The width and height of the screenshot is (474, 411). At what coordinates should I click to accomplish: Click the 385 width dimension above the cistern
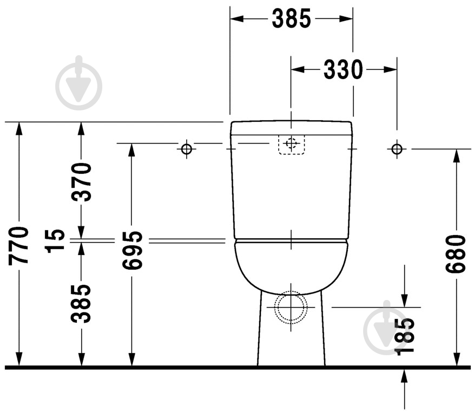click(291, 19)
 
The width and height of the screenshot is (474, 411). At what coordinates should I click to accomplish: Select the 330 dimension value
click(343, 69)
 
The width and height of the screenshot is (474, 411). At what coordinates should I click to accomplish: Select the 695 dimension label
click(131, 250)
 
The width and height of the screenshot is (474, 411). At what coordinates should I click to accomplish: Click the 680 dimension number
click(456, 254)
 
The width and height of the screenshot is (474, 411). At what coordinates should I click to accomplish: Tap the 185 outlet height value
click(405, 336)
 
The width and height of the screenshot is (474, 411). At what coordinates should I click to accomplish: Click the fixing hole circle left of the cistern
click(187, 149)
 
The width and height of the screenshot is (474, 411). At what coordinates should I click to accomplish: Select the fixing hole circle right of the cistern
click(397, 148)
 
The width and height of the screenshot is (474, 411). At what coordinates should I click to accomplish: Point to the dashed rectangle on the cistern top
click(292, 145)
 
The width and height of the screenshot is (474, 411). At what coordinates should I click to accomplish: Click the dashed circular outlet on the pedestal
click(291, 307)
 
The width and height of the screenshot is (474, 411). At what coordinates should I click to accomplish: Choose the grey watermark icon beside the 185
click(386, 325)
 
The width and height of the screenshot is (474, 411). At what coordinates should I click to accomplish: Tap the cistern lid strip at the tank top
click(291, 128)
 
